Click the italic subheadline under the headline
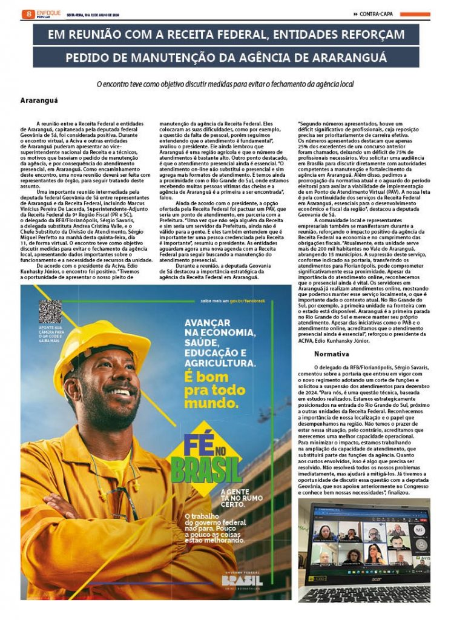[225, 84]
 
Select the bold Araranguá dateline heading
[39, 100]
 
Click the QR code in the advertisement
[50, 311]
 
